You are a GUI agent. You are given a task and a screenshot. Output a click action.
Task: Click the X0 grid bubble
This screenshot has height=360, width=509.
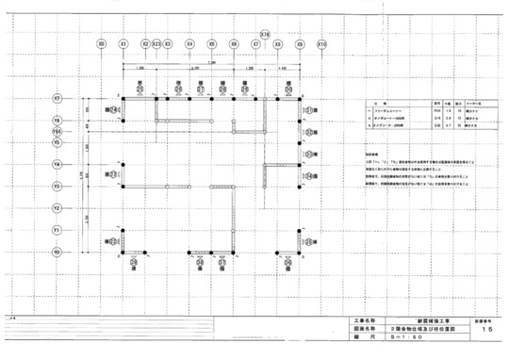(101, 43)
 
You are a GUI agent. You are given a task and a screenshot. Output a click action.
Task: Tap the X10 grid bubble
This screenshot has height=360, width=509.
(322, 43)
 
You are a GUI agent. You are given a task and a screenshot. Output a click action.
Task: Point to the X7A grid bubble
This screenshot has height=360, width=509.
(265, 34)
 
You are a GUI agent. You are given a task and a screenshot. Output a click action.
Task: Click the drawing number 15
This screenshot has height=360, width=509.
(484, 331)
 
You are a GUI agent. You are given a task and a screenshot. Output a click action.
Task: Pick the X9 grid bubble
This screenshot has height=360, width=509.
(300, 43)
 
